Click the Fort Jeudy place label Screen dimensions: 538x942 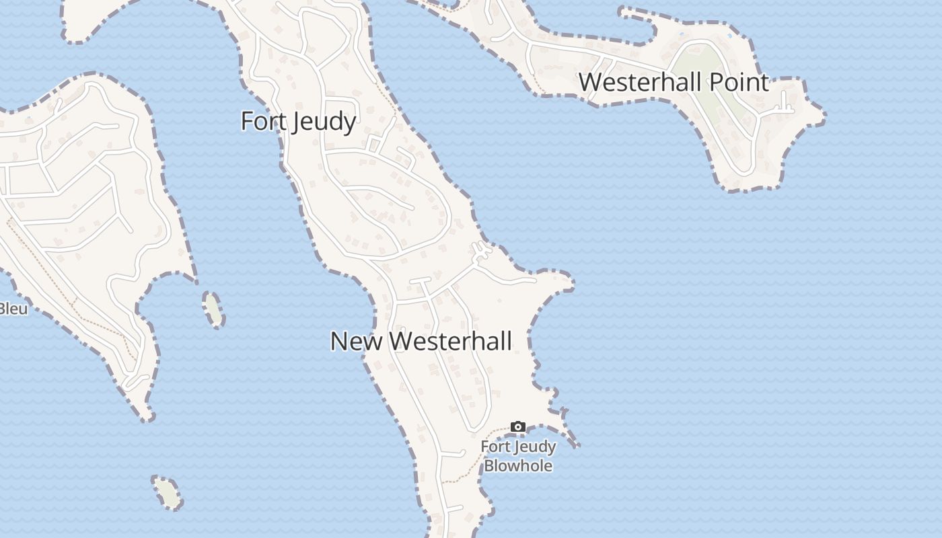coord(298,122)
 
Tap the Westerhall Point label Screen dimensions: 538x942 coord(674,82)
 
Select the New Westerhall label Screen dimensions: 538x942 coord(421,341)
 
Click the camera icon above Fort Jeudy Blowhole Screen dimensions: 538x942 coord(517,426)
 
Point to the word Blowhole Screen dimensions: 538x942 coord(518,465)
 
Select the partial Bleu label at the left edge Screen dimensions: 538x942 coord(13,309)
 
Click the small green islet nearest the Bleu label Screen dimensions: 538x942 coord(213,309)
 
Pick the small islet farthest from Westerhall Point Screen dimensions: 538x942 coord(167,492)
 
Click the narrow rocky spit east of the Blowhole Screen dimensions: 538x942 coord(572,438)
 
